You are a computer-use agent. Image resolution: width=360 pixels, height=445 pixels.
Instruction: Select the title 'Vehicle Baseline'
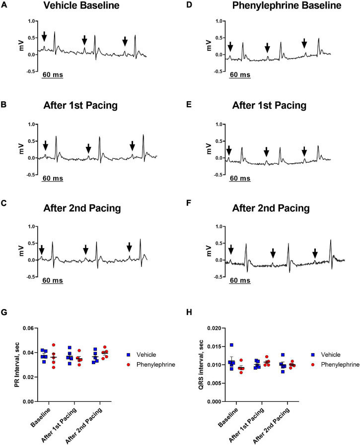click(82, 6)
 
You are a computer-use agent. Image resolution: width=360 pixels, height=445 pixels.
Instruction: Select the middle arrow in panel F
click(273, 254)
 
